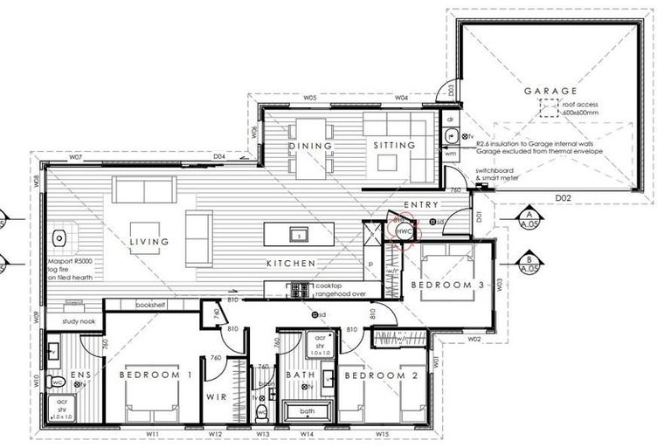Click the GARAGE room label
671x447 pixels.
pyautogui.click(x=550, y=91)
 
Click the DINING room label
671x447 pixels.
pyautogui.click(x=311, y=146)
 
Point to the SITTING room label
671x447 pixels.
pyautogui.click(x=394, y=146)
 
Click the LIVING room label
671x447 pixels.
pyautogui.click(x=149, y=242)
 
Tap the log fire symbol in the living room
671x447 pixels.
pyautogui.click(x=60, y=237)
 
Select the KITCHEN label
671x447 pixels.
pyautogui.click(x=290, y=263)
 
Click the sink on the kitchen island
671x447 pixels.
pyautogui.click(x=300, y=236)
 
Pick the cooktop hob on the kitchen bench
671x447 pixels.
pyautogui.click(x=299, y=288)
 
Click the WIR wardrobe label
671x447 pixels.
pyautogui.click(x=217, y=396)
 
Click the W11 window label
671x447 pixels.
pyautogui.click(x=152, y=433)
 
